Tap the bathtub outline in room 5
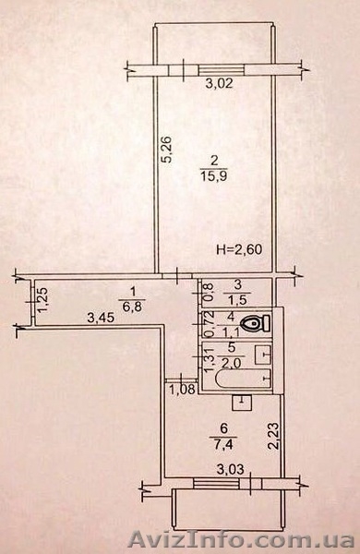point(243,379)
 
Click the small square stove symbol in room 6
point(242,403)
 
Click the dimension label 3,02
point(220,84)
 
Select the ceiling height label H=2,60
point(239,250)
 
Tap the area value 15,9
point(214,175)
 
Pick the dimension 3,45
point(101,319)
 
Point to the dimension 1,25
point(43,300)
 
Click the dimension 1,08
point(182,390)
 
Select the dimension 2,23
point(274,436)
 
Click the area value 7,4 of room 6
point(222,442)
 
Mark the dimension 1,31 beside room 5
point(210,358)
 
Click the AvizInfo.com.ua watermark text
point(241,540)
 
